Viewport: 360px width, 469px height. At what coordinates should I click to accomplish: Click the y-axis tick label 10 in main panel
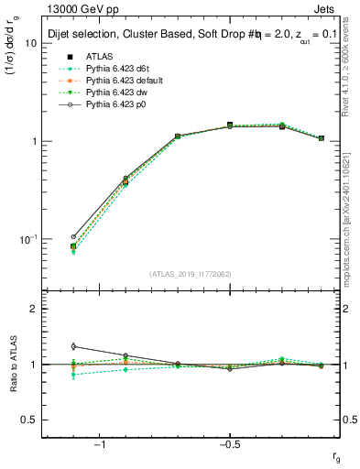30,43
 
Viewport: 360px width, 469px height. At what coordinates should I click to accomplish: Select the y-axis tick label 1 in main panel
33,141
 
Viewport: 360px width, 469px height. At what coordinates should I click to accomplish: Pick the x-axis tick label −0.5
229,446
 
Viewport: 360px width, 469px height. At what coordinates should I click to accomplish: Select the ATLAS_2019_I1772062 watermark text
190,273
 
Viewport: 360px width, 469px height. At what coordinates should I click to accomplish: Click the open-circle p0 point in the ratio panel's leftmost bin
73,346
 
